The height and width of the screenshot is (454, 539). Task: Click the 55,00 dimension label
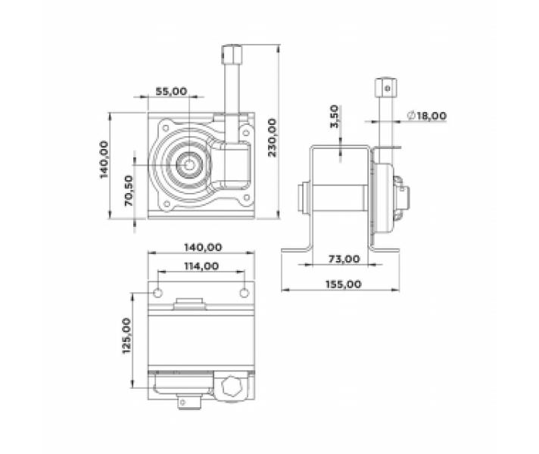[x=171, y=91]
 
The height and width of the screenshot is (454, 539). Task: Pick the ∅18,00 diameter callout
[x=426, y=116]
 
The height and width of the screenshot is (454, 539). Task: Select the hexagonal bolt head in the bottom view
[x=231, y=387]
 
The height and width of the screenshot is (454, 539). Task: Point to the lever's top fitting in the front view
[x=232, y=54]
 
